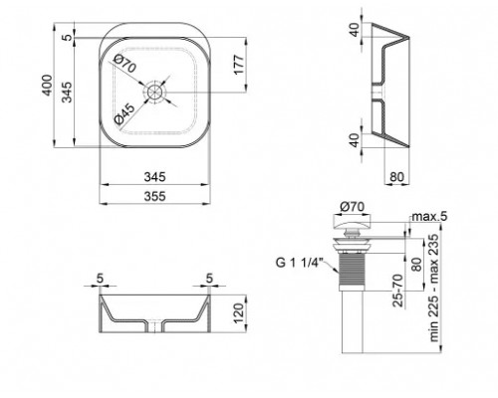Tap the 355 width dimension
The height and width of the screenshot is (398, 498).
(x=154, y=197)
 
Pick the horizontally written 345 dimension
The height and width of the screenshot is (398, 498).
(x=154, y=177)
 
